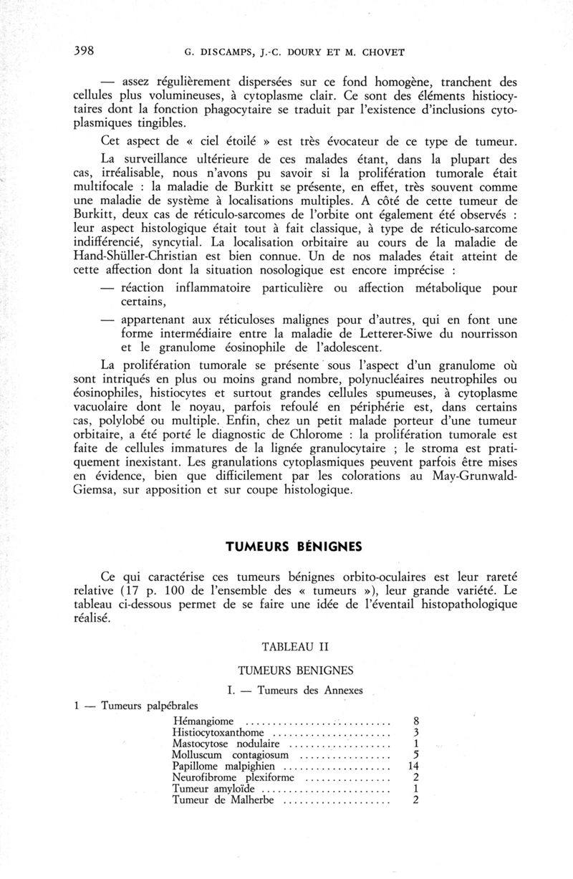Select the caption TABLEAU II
pos(295,646)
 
